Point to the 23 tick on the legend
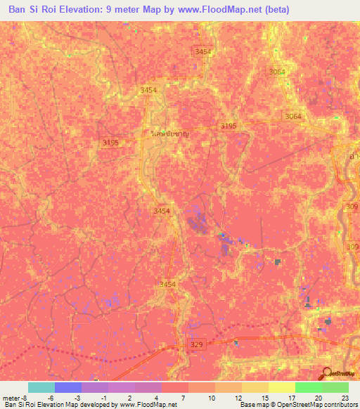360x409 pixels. coord(345,397)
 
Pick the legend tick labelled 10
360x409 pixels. coord(212,397)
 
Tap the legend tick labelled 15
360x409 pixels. coord(265,397)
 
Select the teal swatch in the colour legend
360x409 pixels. coord(41,387)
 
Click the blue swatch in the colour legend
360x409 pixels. coord(67,387)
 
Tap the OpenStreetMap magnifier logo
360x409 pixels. coord(326,373)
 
